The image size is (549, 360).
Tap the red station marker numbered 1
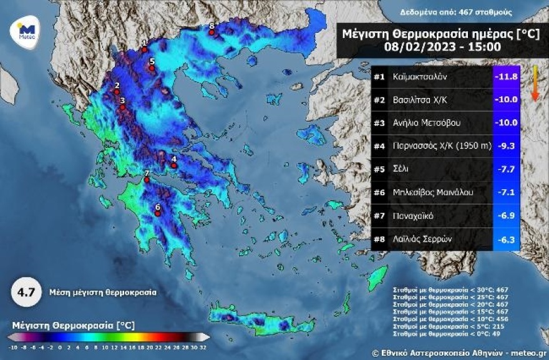pos(144,49)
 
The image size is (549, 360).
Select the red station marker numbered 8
pos(212,32)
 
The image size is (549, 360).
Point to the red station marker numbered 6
pos(158,213)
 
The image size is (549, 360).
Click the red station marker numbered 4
pos(174,166)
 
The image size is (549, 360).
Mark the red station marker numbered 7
pos(147,180)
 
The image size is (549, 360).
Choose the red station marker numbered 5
pos(152,68)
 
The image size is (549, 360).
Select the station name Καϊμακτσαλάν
pos(420,77)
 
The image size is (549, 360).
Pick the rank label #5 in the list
pos(379,169)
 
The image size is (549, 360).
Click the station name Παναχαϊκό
pos(414,215)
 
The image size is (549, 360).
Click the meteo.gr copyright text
pos(458,353)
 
